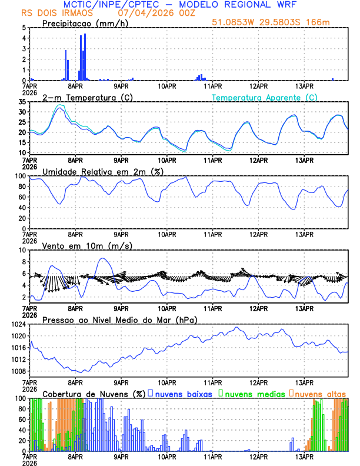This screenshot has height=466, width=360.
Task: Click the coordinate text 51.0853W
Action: (235, 23)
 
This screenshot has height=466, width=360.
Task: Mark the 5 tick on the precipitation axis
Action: (24, 28)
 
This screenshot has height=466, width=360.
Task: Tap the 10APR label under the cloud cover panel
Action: (167, 456)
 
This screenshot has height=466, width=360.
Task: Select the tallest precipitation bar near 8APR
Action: (85, 57)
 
